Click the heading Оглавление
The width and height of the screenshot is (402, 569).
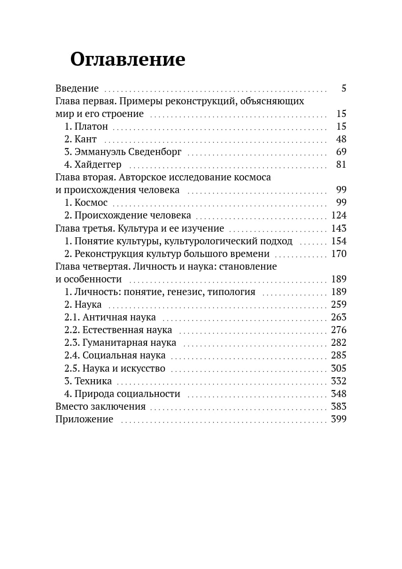point(128,60)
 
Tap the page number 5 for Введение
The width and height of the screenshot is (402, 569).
point(343,88)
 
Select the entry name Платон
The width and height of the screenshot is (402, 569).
point(91,126)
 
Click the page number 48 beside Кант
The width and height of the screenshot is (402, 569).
point(341,139)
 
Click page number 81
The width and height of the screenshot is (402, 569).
point(341,164)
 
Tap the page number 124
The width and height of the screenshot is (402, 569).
point(339,215)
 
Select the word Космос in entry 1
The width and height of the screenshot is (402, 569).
point(91,203)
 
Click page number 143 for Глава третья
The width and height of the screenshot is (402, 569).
point(339,228)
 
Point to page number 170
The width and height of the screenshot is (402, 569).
point(339,254)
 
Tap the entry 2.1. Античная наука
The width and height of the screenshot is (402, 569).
point(110,317)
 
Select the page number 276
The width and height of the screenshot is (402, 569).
point(339,330)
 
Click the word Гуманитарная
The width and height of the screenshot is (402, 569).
point(109,343)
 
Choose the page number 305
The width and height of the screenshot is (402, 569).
point(339,368)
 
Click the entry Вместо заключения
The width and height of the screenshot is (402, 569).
point(100,406)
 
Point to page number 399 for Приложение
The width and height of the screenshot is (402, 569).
point(339,419)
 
